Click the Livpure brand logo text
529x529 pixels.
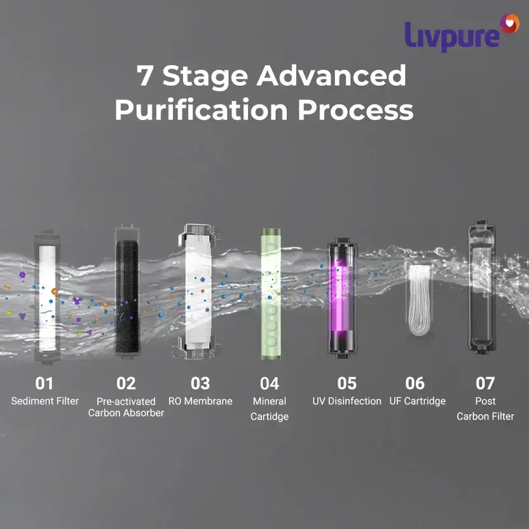(451, 36)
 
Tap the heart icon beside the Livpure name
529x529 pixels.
(510, 24)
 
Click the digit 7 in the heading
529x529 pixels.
(146, 75)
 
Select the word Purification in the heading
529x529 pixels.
(201, 109)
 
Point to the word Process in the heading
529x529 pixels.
(355, 110)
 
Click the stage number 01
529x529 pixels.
(45, 383)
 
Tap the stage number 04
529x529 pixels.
(269, 383)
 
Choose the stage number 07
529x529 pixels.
(485, 383)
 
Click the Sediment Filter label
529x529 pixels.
(45, 401)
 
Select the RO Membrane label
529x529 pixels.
(200, 401)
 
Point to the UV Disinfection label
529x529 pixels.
(347, 401)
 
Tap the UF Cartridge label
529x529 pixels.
(417, 401)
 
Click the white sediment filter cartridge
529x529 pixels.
(47, 298)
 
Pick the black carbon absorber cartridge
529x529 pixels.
(127, 292)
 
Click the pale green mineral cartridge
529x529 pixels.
(271, 294)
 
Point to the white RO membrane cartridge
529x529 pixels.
(198, 291)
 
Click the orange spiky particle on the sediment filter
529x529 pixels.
(55, 291)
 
